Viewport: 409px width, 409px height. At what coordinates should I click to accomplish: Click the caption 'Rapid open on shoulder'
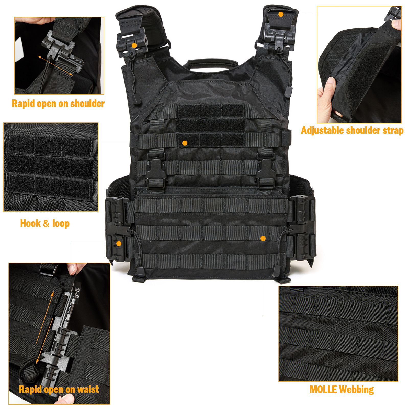point(58,104)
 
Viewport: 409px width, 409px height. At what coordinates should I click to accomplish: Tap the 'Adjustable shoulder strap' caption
point(352,130)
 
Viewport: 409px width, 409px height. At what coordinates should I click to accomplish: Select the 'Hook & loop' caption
point(45,223)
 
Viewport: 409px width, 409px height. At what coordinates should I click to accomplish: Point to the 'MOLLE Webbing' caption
point(342,390)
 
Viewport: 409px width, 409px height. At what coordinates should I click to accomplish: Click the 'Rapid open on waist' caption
point(59,389)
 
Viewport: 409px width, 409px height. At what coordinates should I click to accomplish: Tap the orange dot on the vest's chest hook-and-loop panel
point(185,143)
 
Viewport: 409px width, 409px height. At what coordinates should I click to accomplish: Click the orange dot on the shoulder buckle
point(134,46)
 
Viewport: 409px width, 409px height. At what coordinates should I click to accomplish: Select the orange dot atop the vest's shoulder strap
point(281,14)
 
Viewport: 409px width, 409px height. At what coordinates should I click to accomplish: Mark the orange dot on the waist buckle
point(119,244)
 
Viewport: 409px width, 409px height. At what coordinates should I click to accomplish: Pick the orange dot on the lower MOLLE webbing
point(263,238)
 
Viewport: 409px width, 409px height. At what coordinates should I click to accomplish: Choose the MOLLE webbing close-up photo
point(338,334)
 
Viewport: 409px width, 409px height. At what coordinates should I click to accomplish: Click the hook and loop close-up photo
point(51,167)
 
